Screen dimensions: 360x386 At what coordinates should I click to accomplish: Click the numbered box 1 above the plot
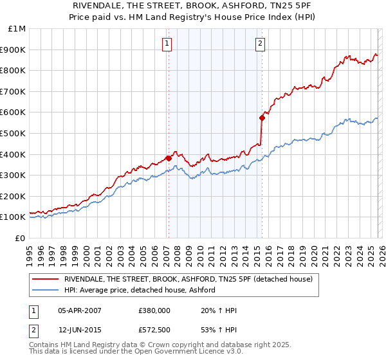tap(167, 44)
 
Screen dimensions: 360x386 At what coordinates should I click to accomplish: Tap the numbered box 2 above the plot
tap(260, 44)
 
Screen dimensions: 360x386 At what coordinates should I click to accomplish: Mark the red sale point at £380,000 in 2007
tap(168, 158)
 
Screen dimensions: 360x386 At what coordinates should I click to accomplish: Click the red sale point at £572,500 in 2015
tap(262, 118)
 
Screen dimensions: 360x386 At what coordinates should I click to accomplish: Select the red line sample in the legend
tap(46, 279)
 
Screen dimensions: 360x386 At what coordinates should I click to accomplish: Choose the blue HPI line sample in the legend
tap(46, 290)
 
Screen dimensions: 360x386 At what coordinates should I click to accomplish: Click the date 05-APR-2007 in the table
tap(80, 310)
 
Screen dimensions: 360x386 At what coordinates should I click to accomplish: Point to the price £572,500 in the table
tap(154, 330)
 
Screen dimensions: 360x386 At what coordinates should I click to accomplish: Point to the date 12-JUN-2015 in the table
tap(80, 330)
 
